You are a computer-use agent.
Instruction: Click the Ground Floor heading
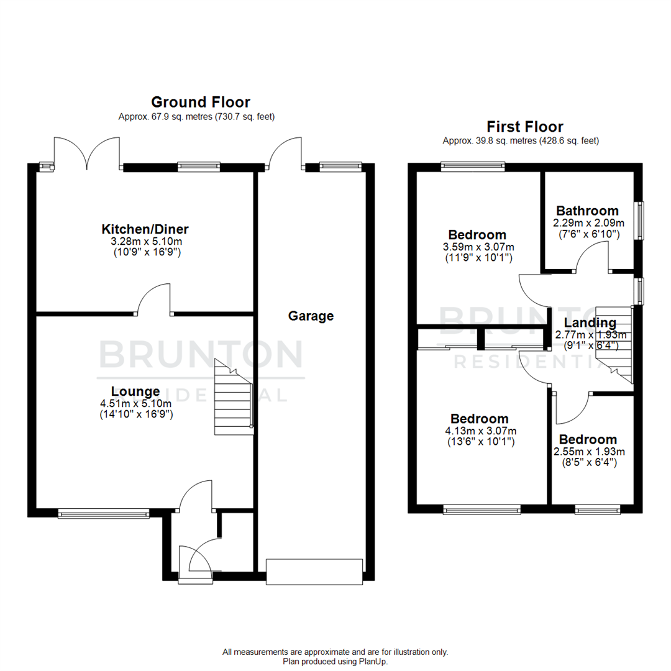[x=200, y=102]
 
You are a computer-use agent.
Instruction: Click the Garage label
[x=311, y=316]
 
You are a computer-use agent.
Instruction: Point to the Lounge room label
[x=135, y=391]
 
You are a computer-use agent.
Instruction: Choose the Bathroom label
[x=587, y=211]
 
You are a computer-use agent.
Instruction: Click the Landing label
[x=590, y=323]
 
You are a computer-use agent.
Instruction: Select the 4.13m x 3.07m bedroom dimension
[x=480, y=431]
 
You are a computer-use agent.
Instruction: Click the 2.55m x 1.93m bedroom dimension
[x=589, y=451]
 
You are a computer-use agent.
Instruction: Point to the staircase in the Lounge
[x=234, y=398]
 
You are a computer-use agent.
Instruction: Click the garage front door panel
[x=314, y=572]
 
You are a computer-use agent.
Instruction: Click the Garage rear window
[x=340, y=166]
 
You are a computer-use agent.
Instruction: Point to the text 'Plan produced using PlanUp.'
[x=335, y=662]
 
